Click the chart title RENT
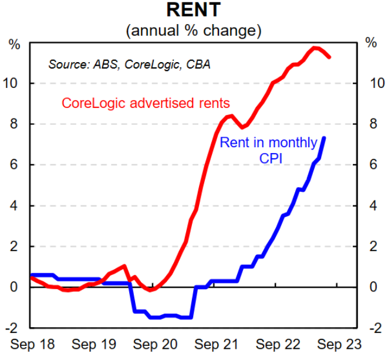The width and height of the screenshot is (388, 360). click(193, 10)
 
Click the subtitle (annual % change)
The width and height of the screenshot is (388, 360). click(193, 30)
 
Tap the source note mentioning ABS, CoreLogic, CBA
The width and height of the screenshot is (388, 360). click(129, 63)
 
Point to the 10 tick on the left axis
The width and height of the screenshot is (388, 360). click(16, 83)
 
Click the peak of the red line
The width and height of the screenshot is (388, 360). click(315, 48)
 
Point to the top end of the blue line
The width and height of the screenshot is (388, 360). click(325, 138)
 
